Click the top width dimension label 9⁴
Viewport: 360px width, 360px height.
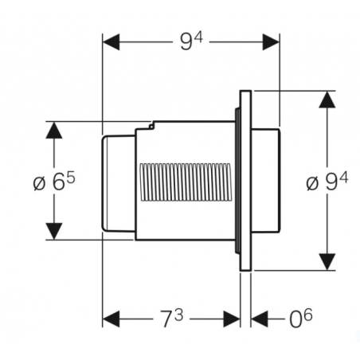pyautogui.click(x=190, y=40)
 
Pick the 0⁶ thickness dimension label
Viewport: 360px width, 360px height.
pyautogui.click(x=301, y=319)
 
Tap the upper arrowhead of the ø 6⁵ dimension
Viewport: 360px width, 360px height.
pyautogui.click(x=54, y=131)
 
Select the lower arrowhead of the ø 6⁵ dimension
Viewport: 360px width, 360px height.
pyautogui.click(x=54, y=230)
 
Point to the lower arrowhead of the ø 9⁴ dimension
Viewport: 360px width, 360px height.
pyautogui.click(x=327, y=261)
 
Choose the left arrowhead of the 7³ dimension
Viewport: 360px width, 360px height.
pyautogui.click(x=112, y=319)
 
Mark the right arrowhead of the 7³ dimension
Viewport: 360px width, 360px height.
pyautogui.click(x=233, y=319)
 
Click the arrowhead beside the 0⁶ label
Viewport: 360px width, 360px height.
pyautogui.click(x=260, y=319)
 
